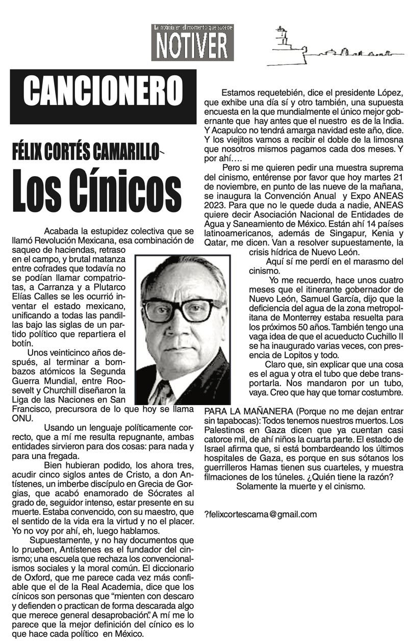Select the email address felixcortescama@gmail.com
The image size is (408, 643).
click(x=262, y=514)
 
